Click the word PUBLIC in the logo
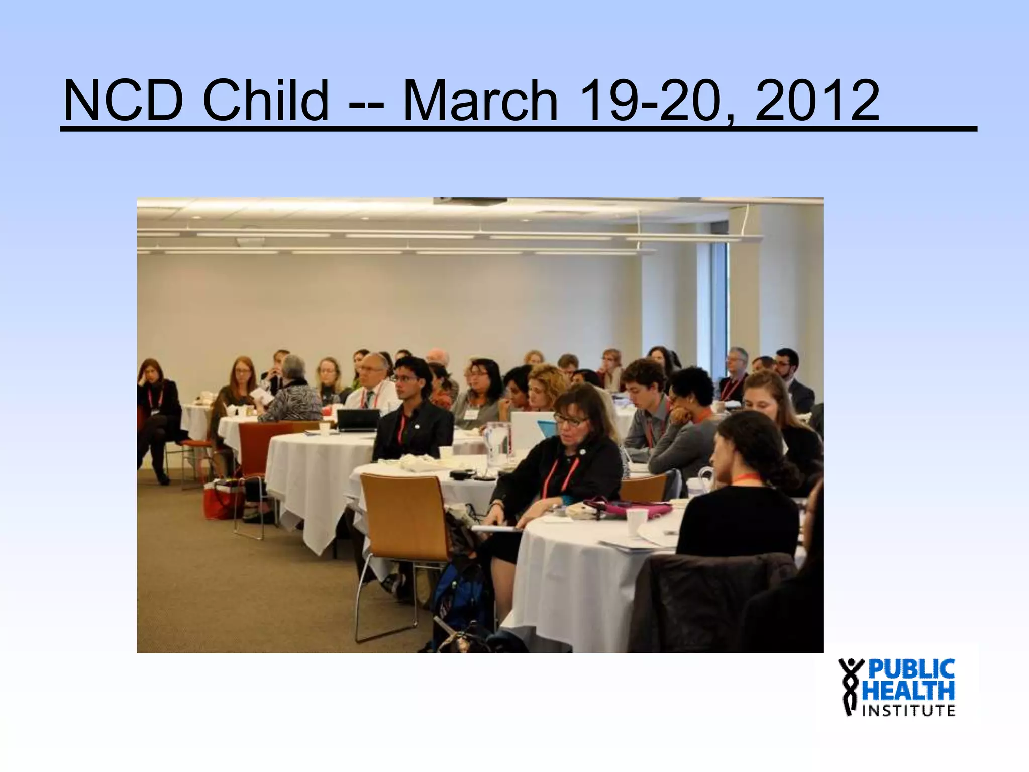pos(912,670)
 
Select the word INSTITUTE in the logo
pos(909,711)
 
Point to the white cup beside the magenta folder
pos(638,523)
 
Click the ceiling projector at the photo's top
pos(470,202)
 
